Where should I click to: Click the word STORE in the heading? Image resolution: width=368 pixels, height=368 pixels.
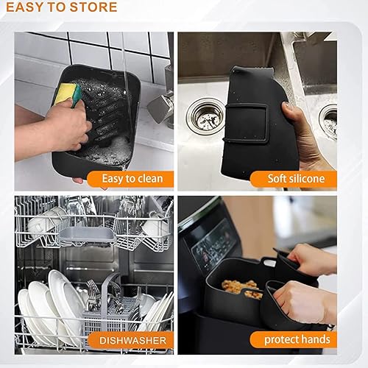click(x=90, y=8)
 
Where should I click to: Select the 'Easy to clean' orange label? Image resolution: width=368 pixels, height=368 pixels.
click(x=130, y=178)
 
